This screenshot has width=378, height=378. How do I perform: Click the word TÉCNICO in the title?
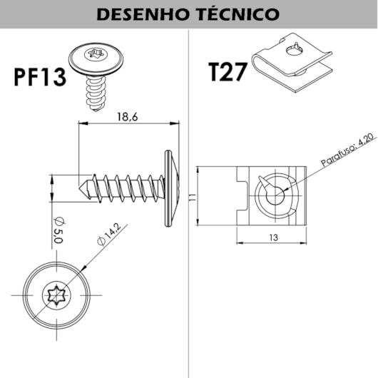[x=237, y=14]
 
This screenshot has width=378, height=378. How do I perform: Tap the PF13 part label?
[x=40, y=77]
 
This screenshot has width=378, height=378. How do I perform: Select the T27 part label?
[x=228, y=72]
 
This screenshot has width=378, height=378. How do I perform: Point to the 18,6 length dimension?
[x=128, y=117]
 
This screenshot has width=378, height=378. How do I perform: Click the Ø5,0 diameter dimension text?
[x=58, y=230]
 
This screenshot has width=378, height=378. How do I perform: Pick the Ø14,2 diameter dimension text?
[x=108, y=235]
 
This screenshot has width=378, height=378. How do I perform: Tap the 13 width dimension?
[x=274, y=237]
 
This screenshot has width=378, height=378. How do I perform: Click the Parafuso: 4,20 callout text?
[x=349, y=150]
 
